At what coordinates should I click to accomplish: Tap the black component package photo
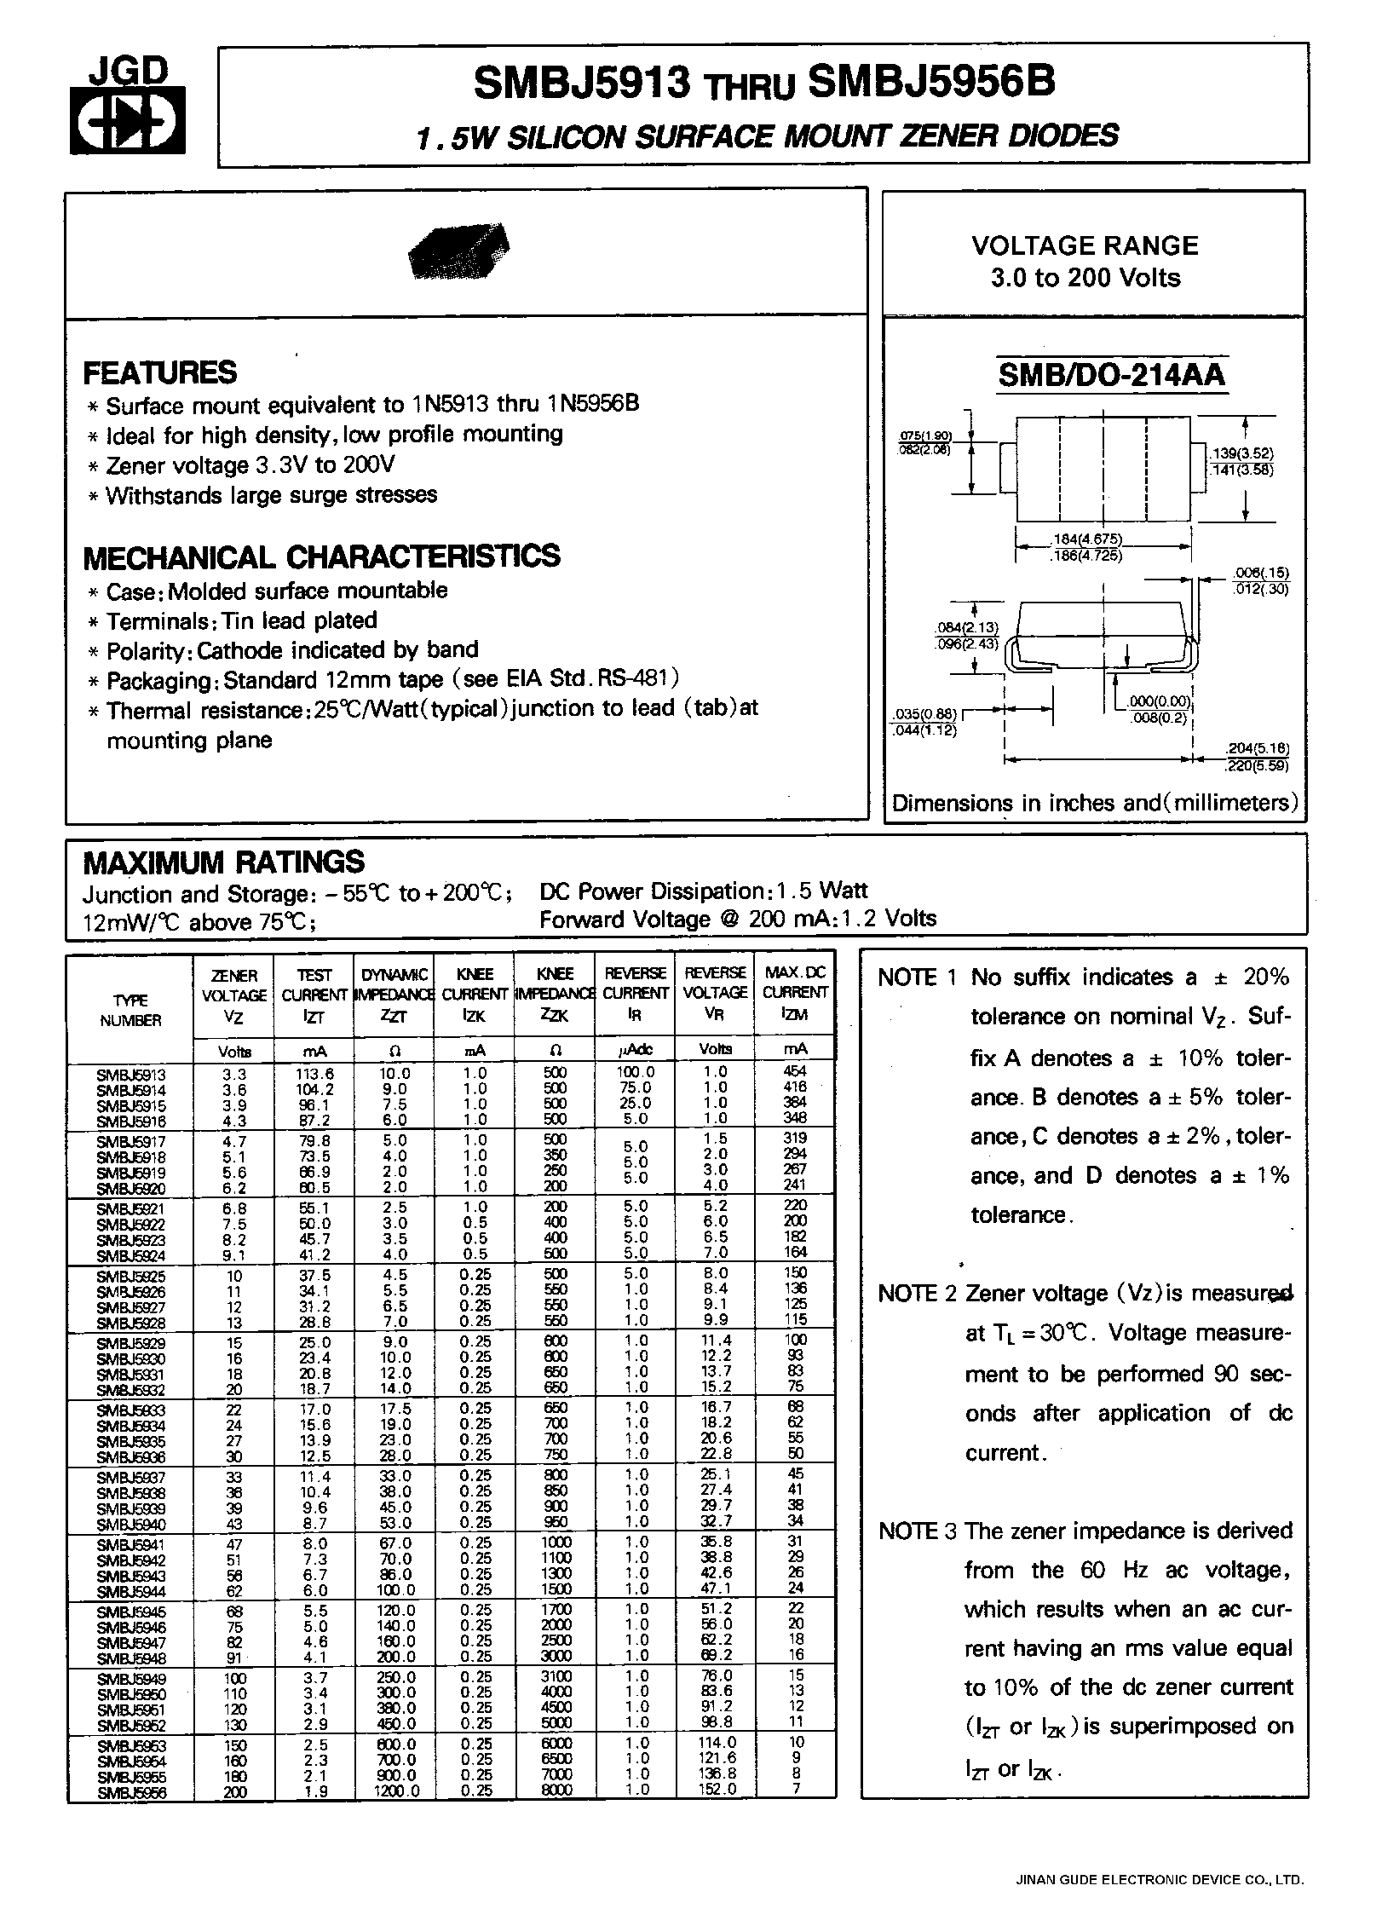tap(459, 251)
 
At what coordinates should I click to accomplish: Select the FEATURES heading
tap(160, 372)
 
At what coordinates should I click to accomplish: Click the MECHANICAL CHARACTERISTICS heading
tap(321, 556)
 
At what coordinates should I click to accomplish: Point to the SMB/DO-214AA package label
tap(1111, 375)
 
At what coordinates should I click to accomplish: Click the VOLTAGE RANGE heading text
tap(1085, 245)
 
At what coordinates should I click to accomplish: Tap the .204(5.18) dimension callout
tap(1257, 747)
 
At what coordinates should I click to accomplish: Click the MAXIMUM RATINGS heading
tap(224, 862)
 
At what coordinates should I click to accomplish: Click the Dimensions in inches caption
tap(1094, 803)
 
